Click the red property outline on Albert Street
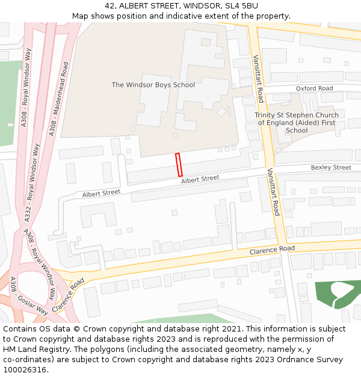pos(179,165)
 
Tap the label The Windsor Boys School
pos(153,85)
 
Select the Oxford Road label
pos(314,88)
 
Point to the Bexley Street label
pos(331,167)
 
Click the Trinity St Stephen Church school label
pos(297,123)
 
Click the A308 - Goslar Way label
pos(29,296)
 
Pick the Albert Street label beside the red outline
pos(200,179)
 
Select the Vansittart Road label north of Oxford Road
pos(258,78)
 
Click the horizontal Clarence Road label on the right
pos(272,249)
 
